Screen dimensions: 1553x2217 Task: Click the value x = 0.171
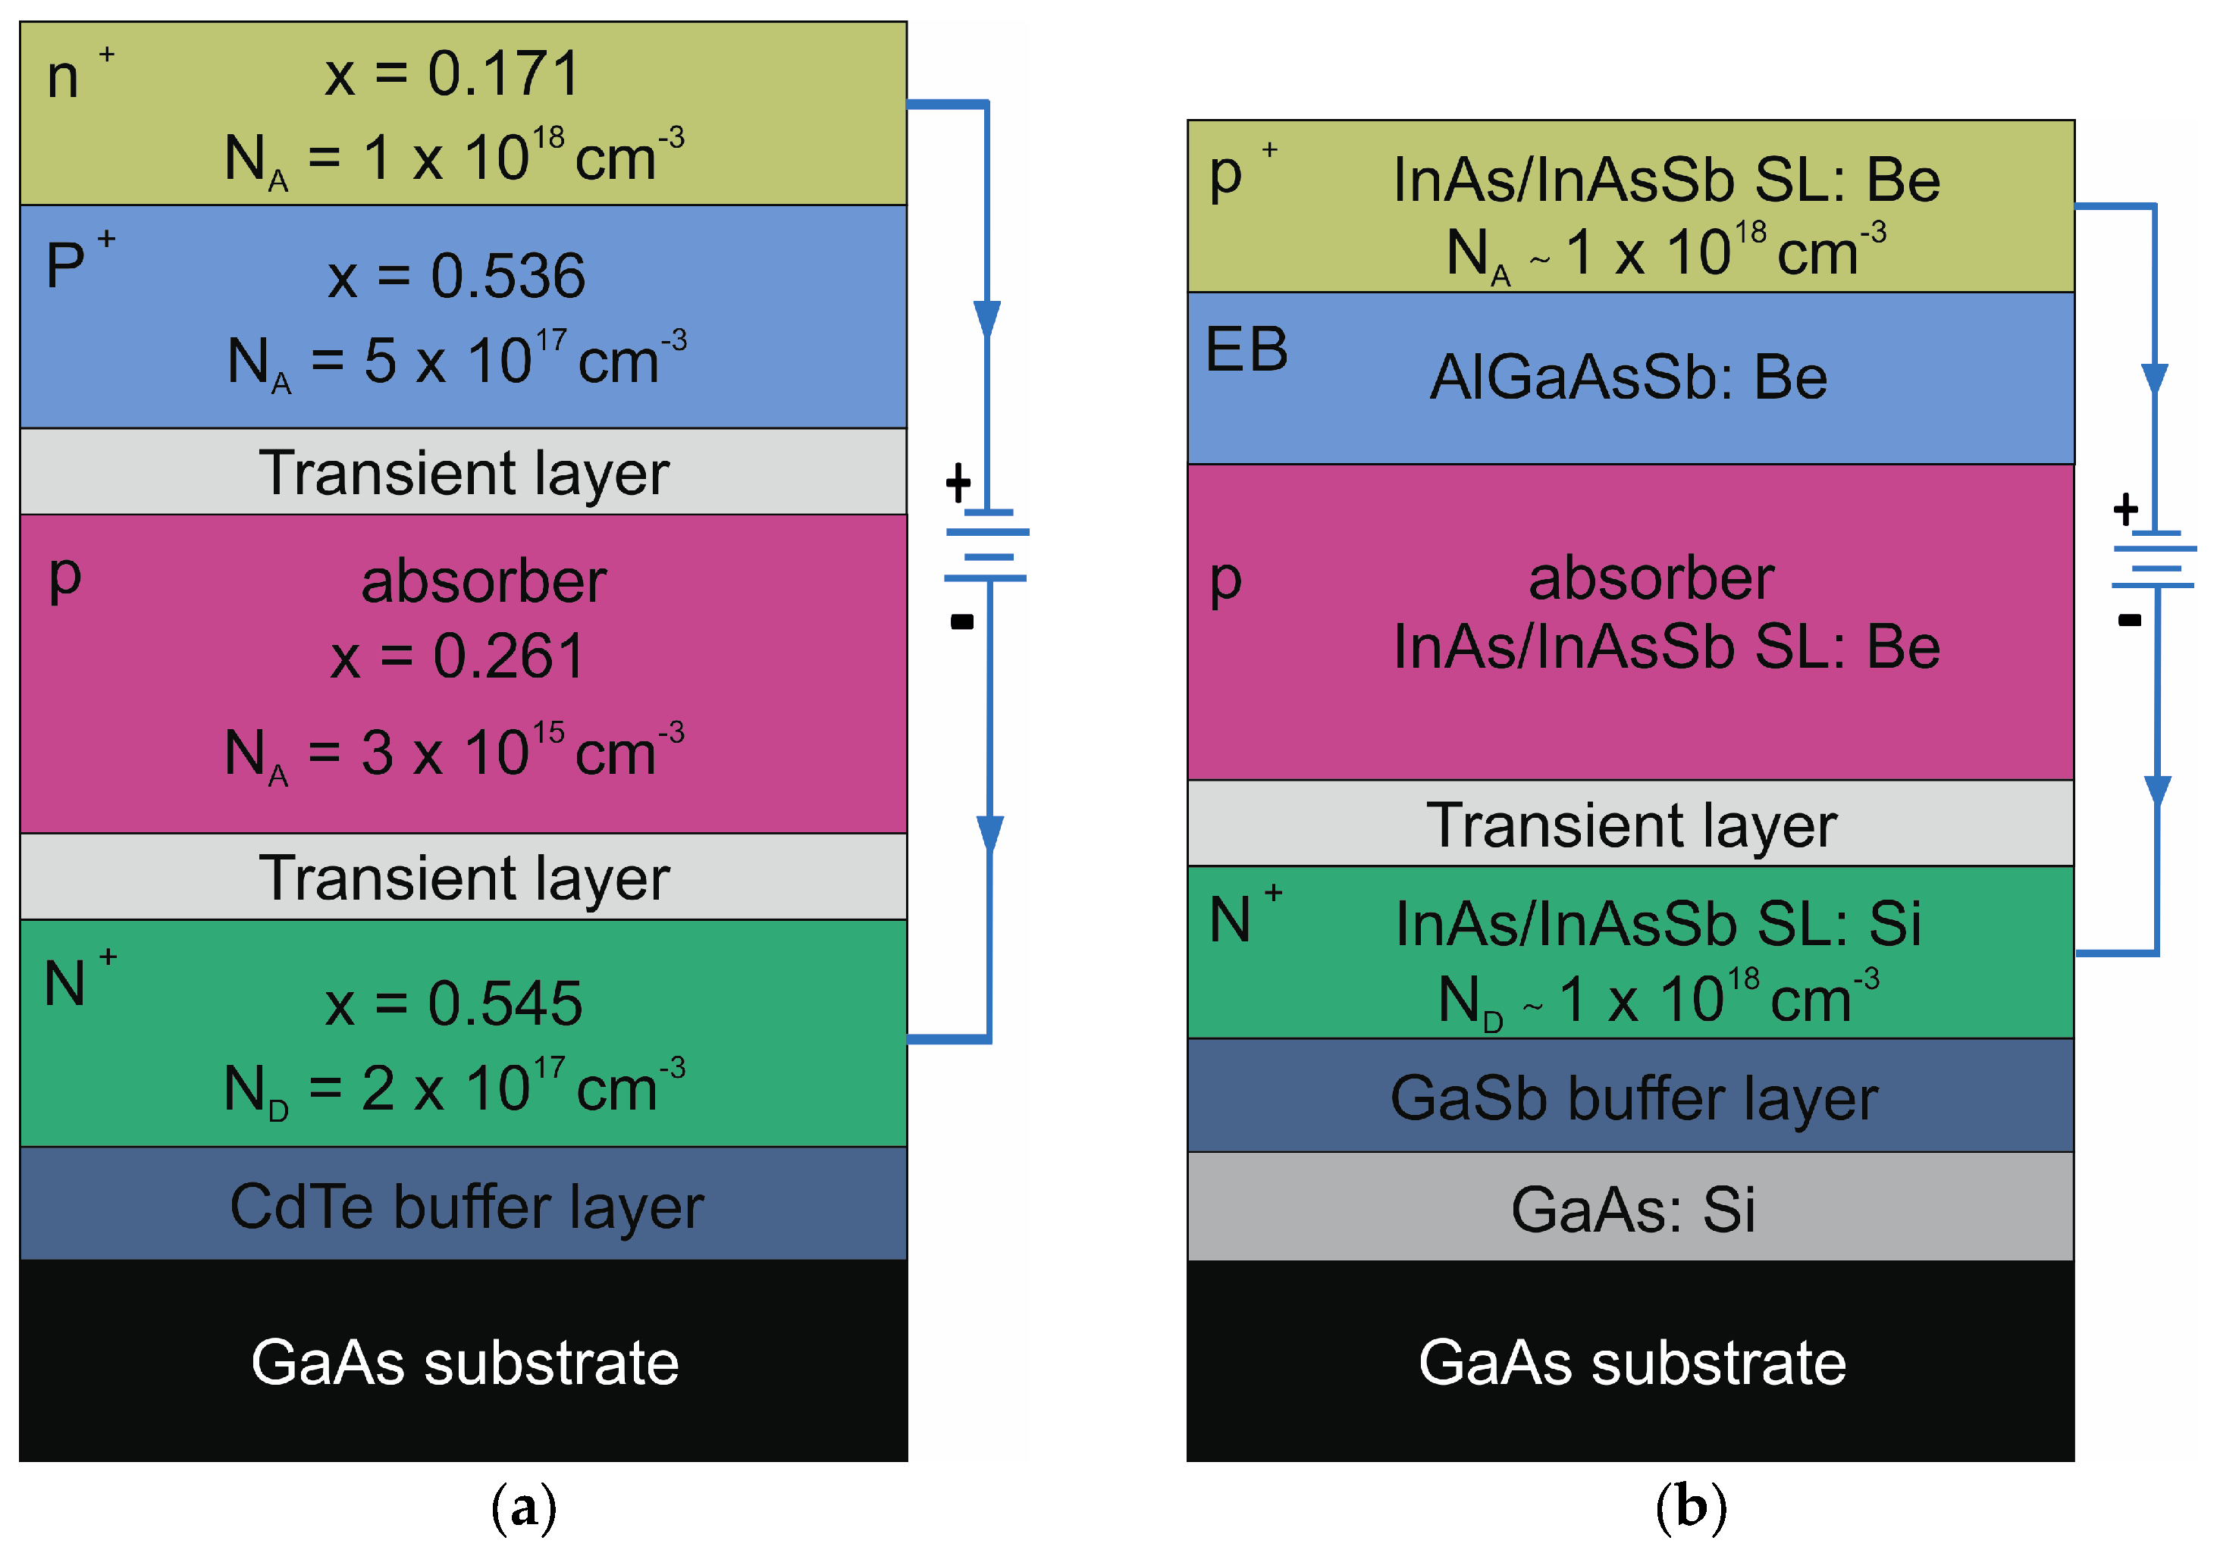[x=452, y=74]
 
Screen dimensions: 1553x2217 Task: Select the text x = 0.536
[x=456, y=277]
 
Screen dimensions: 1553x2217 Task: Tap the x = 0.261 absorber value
[x=458, y=657]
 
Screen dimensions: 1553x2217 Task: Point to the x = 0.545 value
[x=454, y=1004]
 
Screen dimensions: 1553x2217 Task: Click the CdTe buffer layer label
[x=466, y=1207]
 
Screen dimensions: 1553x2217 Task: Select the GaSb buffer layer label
[x=1634, y=1098]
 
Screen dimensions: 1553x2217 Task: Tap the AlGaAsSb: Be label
[x=1628, y=377]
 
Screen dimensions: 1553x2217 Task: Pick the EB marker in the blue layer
[x=1246, y=349]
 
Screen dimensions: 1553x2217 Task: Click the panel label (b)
[x=1691, y=1507]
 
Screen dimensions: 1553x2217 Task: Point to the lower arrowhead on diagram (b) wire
[x=2157, y=791]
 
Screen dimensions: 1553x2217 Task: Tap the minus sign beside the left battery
[x=961, y=622]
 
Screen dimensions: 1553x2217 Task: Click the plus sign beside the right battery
[x=2125, y=509]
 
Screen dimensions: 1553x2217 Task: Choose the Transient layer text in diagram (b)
[x=1631, y=826]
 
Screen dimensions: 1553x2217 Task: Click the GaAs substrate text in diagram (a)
[x=465, y=1363]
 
